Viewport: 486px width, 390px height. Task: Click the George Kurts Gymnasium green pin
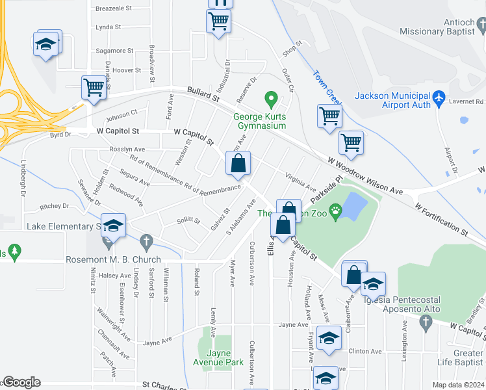pyautogui.click(x=272, y=101)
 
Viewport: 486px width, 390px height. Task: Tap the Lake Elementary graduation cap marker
pyautogui.click(x=113, y=225)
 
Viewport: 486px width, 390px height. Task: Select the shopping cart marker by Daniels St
pyautogui.click(x=94, y=87)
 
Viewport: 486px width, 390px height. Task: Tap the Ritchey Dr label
pyautogui.click(x=54, y=206)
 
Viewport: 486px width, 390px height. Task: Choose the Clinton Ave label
pyautogui.click(x=365, y=351)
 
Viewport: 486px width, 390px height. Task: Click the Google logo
pyautogui.click(x=21, y=383)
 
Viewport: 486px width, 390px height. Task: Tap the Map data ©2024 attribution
pyautogui.click(x=459, y=385)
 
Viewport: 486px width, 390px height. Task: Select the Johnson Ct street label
pyautogui.click(x=122, y=115)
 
